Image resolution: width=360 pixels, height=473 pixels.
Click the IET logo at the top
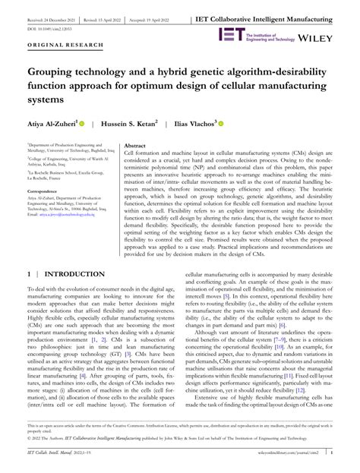[x=231, y=33]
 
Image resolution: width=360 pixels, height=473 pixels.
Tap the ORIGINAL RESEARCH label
[x=56, y=46]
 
